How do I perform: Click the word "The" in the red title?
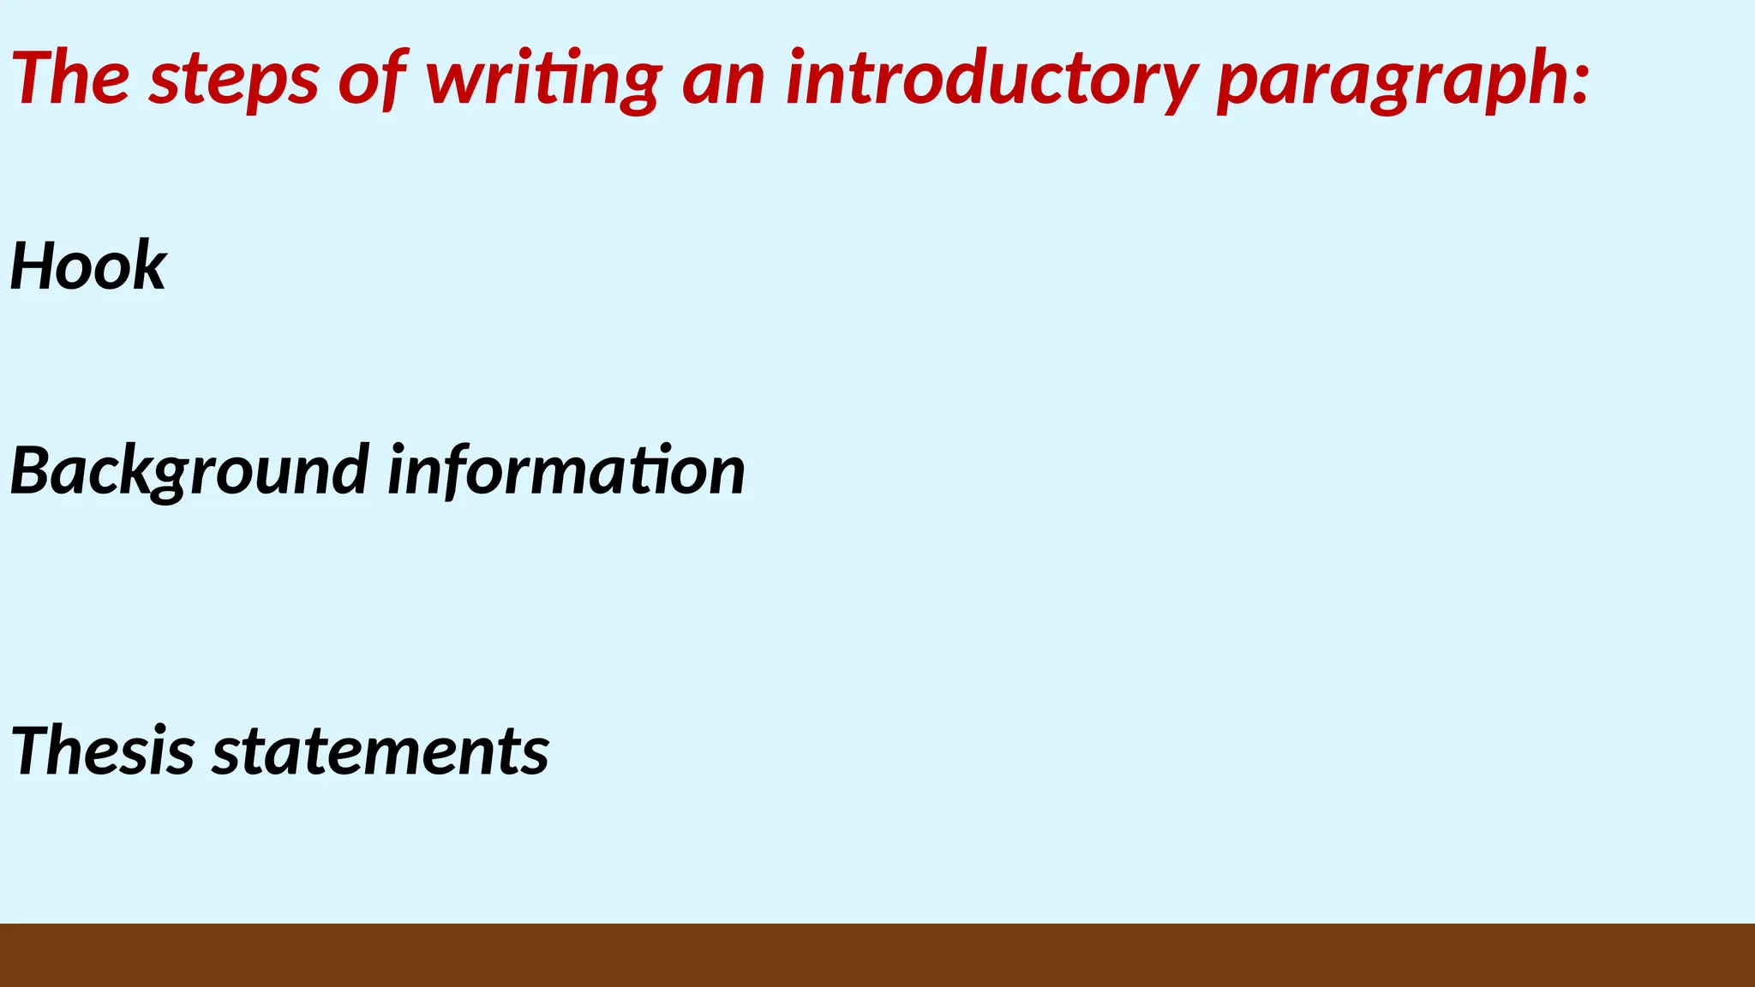pyautogui.click(x=70, y=78)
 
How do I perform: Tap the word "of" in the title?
pyautogui.click(x=372, y=78)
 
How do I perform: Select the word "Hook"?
pyautogui.click(x=88, y=266)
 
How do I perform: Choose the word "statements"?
pyautogui.click(x=380, y=751)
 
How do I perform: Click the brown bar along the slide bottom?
pyautogui.click(x=877, y=954)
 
